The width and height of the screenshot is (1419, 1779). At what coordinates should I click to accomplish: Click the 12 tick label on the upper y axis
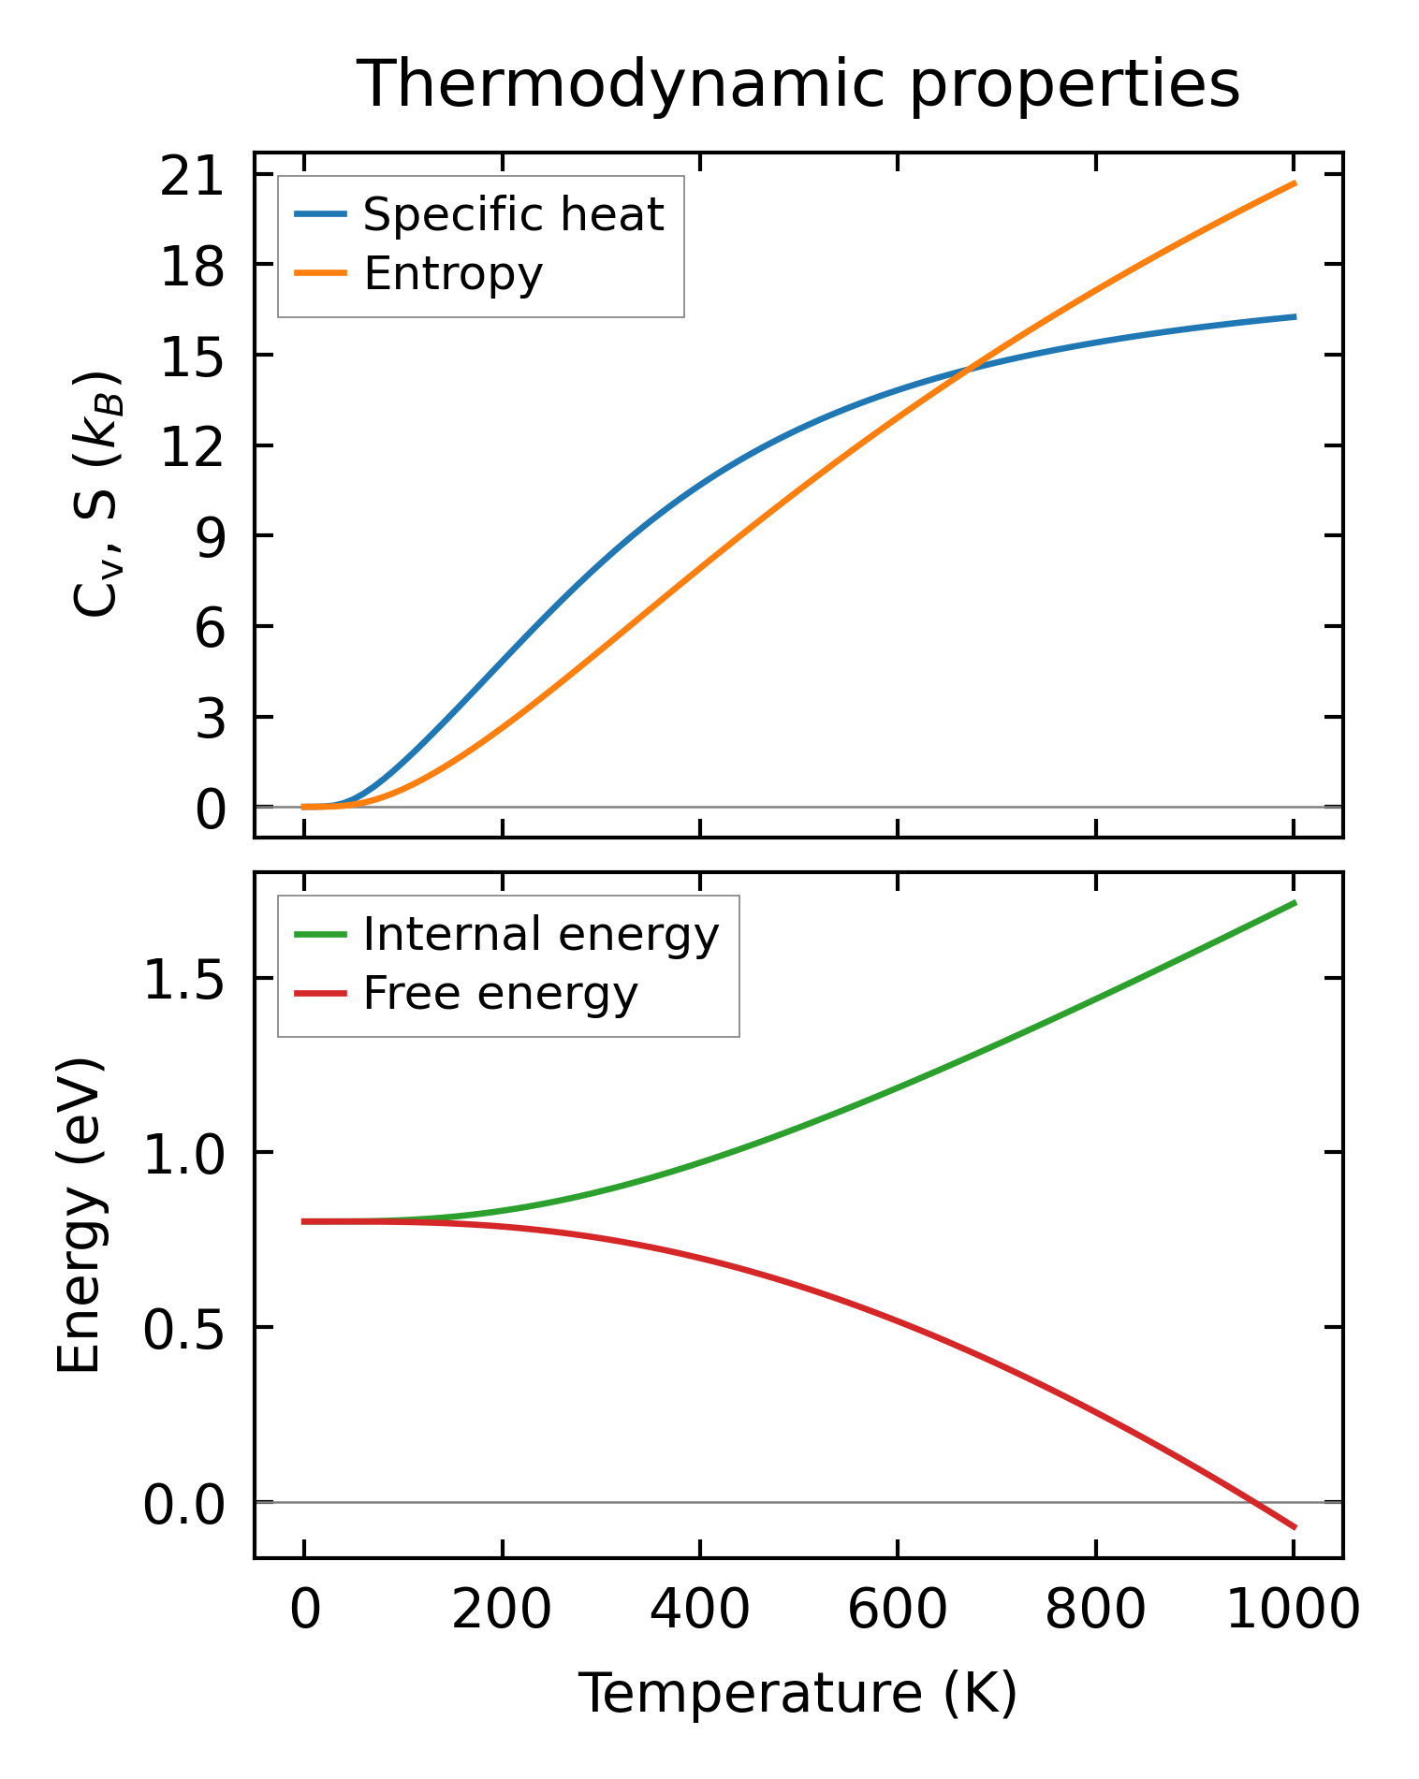193,446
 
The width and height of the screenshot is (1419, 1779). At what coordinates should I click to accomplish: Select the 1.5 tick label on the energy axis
183,979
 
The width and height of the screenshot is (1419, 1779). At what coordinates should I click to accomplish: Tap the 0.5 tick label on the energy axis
183,1328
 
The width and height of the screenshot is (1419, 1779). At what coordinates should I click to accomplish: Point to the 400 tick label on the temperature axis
699,1610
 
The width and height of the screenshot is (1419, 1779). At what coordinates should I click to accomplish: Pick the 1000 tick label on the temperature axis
1293,1610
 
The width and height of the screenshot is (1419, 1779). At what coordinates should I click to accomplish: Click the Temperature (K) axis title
798,1692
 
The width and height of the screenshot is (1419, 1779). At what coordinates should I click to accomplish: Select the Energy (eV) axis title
79,1216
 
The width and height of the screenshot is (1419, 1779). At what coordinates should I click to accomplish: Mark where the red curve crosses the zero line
1254,1502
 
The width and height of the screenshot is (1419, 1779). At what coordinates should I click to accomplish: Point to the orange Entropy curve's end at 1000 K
1295,182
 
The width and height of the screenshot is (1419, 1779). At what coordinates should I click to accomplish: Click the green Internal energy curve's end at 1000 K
1295,902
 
